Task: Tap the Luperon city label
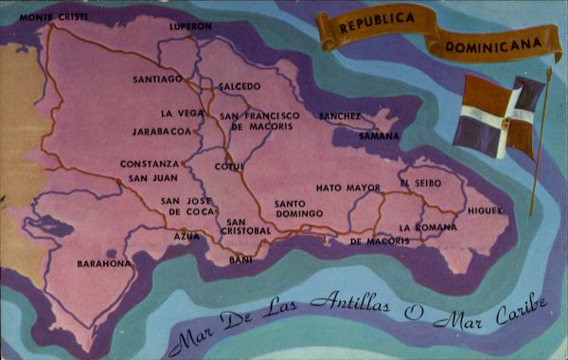[190, 27]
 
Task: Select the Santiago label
[157, 79]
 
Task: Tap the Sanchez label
[340, 116]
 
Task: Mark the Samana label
[379, 135]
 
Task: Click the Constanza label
[150, 163]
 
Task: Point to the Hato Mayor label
[348, 188]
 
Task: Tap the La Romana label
[421, 227]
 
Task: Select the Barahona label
[103, 263]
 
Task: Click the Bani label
[241, 259]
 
